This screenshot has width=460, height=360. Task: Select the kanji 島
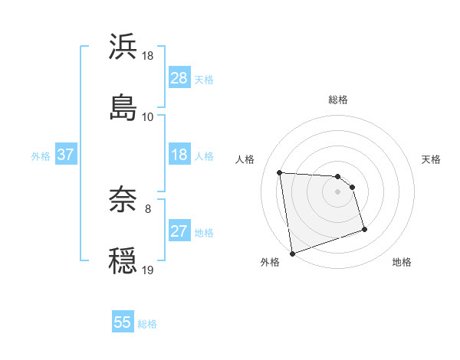tap(123, 107)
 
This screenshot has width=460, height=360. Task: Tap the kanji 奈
tap(123, 200)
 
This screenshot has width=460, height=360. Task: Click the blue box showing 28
tap(179, 78)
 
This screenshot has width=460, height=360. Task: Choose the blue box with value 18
tap(179, 155)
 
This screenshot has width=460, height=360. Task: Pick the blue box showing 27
tap(179, 231)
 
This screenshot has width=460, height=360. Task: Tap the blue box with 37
tap(65, 155)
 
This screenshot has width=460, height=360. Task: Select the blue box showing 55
tap(123, 322)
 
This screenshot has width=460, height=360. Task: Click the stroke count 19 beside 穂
tap(148, 270)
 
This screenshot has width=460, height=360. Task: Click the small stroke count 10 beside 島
tap(148, 116)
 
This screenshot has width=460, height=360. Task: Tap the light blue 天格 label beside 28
tap(204, 79)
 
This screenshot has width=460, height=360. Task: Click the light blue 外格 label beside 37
tap(41, 155)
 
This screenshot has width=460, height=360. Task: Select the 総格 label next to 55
tap(147, 323)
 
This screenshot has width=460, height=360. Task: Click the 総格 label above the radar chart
tap(338, 100)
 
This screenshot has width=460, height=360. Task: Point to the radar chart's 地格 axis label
tap(402, 263)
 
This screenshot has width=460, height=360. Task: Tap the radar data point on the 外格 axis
tap(292, 252)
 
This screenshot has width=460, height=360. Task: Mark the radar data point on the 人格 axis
tap(280, 172)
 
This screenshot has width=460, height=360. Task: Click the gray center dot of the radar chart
tap(338, 191)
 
